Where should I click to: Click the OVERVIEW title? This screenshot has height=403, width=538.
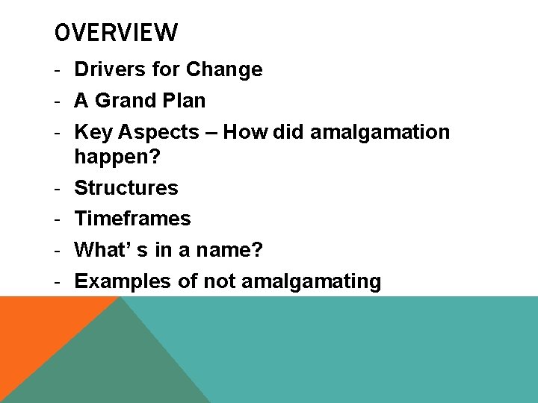pos(117,33)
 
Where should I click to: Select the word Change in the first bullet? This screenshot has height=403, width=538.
pos(224,69)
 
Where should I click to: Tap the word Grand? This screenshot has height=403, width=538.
pos(124,101)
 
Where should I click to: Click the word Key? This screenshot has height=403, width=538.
pos(93,132)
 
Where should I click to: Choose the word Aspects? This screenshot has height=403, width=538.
pos(159,133)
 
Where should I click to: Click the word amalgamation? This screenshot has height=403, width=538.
pos(380,132)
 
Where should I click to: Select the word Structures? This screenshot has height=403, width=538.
pos(126,187)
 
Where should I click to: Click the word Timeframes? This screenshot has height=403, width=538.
pos(133,219)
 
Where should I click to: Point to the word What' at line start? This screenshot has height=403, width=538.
pos(104,249)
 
